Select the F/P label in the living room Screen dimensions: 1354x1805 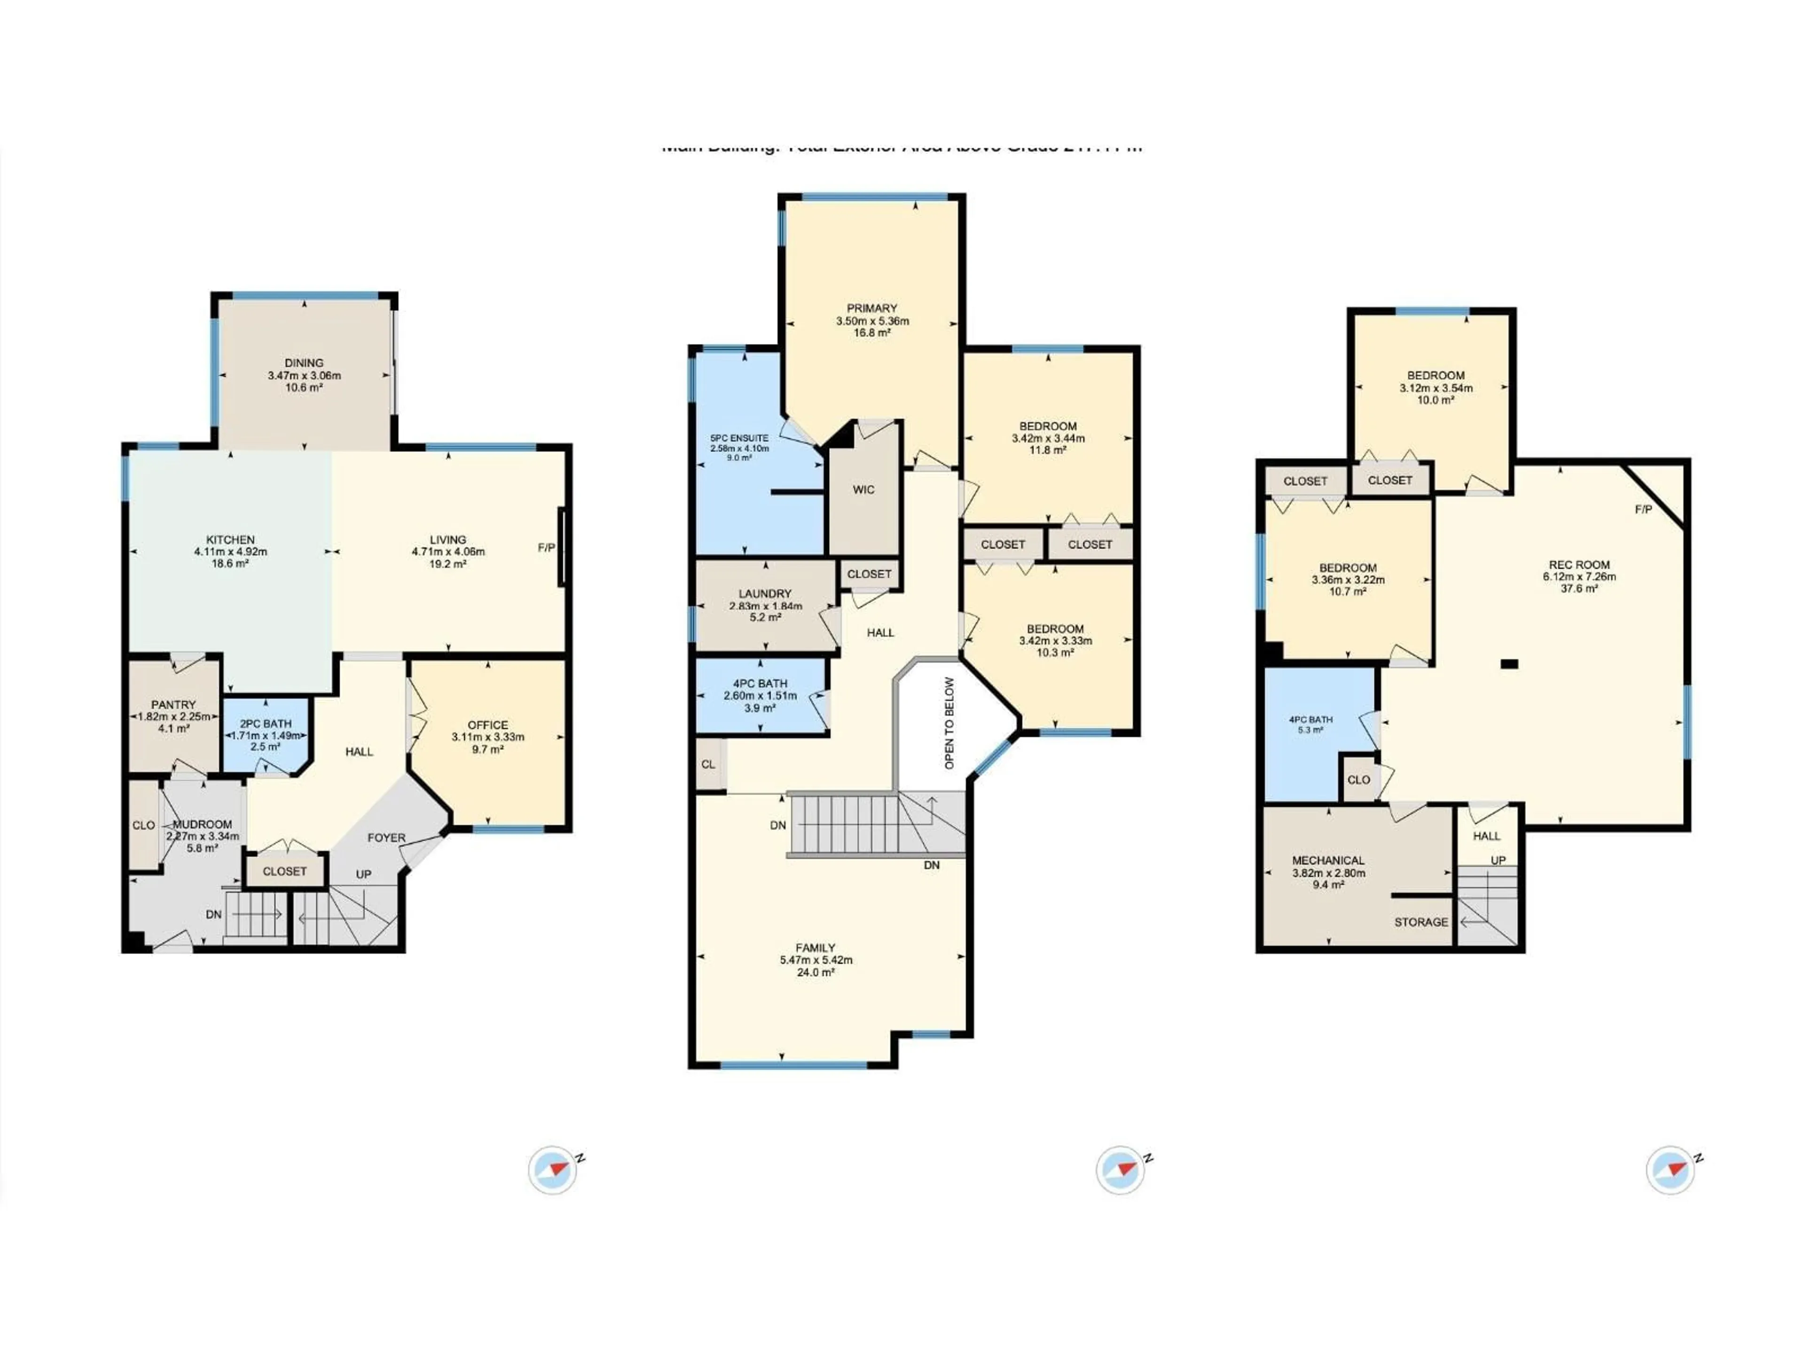click(546, 548)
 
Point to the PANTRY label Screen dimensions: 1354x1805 click(173, 704)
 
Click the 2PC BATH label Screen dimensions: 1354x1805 click(265, 723)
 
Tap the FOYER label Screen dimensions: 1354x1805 click(386, 837)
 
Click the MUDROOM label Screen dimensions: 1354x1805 click(203, 824)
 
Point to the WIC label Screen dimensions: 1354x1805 click(863, 490)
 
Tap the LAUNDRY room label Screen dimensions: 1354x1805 click(765, 593)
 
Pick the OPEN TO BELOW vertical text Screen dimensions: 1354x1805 click(949, 722)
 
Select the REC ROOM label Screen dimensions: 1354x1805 click(1579, 565)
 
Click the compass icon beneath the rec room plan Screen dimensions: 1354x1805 click(1670, 1170)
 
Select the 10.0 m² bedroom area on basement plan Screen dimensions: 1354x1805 click(1436, 400)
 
